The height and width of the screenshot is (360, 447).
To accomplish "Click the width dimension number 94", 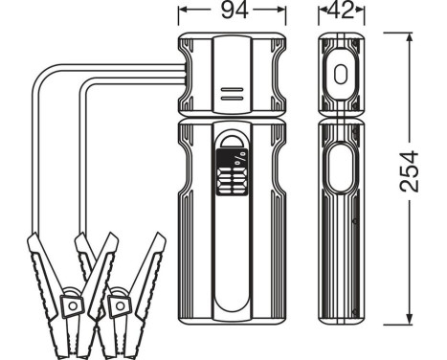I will pos(232,12).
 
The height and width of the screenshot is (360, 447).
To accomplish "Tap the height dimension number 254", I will pos(409,173).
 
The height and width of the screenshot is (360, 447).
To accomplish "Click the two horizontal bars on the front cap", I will pos(231,93).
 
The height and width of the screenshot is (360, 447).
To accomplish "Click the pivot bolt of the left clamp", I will pos(71,304).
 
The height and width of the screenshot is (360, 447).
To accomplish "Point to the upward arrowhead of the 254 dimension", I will pos(410,37).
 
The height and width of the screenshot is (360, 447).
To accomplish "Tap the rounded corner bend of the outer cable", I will pos(40,79).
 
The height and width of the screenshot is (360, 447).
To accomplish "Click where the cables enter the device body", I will pos(180,74).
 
